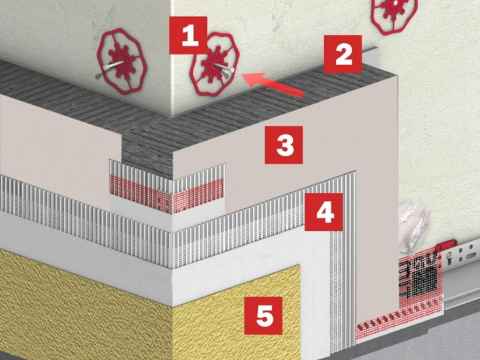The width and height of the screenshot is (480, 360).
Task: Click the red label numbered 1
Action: [x=188, y=35]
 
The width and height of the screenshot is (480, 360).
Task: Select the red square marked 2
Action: [x=343, y=54]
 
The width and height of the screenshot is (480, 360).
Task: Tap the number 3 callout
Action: [x=284, y=145]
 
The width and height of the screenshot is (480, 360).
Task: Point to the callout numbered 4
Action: [x=323, y=211]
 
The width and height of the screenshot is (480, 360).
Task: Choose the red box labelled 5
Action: [x=263, y=315]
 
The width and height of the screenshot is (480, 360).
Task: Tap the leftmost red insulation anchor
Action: [x=122, y=62]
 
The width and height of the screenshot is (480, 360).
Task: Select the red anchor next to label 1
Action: [x=215, y=63]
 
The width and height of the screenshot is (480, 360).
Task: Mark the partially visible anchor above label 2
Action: [x=394, y=14]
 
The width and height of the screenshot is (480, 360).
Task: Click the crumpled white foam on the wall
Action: [x=413, y=225]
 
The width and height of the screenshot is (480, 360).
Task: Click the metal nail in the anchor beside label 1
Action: [x=225, y=68]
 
